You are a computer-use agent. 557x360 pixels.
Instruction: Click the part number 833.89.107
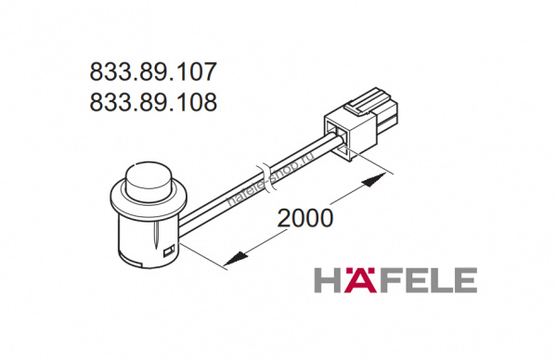click(x=153, y=71)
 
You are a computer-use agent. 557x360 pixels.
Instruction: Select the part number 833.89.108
click(x=153, y=102)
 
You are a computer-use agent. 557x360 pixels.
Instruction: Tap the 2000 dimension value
click(x=305, y=218)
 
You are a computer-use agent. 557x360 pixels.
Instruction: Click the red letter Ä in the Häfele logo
click(x=360, y=280)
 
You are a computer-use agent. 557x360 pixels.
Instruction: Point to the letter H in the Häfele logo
click(x=328, y=281)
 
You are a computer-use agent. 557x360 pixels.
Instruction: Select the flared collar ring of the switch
click(x=149, y=199)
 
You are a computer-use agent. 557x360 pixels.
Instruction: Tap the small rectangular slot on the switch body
click(x=168, y=251)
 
